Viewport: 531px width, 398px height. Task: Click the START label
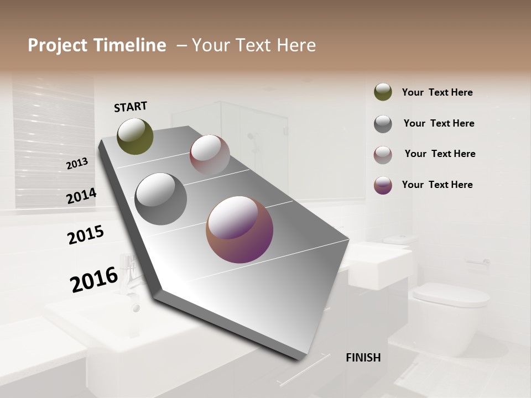(131, 107)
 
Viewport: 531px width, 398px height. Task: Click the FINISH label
(363, 358)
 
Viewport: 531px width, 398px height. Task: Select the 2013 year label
(77, 164)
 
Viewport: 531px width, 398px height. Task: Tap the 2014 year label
(81, 196)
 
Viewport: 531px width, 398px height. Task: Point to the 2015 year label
(86, 234)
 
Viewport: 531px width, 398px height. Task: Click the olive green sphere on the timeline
(135, 136)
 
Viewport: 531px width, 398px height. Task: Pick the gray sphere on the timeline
(160, 199)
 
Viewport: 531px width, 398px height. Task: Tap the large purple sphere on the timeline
(240, 229)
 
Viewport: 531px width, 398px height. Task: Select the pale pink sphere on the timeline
(210, 155)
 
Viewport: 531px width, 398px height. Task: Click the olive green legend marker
(383, 92)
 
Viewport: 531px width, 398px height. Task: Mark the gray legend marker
(383, 124)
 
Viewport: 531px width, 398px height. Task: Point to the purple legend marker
(383, 185)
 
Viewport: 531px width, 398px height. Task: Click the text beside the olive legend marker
(437, 92)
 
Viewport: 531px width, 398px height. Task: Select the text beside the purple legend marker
(437, 185)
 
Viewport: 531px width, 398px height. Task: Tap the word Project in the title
(55, 45)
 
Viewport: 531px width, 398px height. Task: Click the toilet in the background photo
(451, 310)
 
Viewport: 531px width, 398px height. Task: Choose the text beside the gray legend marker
(439, 123)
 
